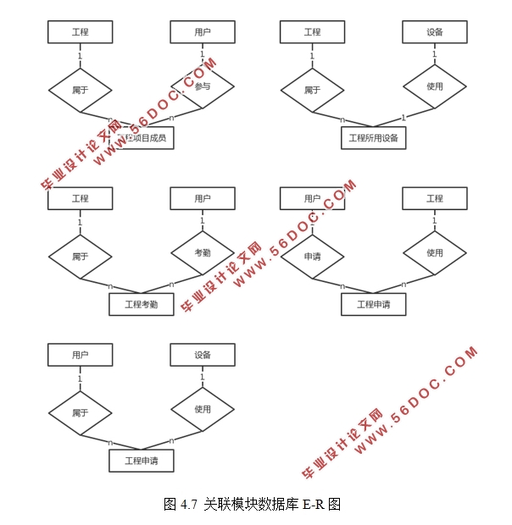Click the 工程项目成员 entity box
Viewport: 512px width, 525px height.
(x=142, y=137)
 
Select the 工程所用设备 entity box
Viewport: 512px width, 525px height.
(x=373, y=137)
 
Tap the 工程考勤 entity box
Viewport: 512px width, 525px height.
(x=142, y=304)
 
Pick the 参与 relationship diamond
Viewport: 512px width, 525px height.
(x=202, y=86)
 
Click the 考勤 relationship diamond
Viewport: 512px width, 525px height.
(x=202, y=253)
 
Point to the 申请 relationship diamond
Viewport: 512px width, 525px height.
(x=312, y=253)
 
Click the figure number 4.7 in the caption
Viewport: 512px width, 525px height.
(x=189, y=505)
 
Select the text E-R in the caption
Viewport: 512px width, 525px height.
(x=314, y=505)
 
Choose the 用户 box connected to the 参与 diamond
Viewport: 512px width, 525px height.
(x=202, y=32)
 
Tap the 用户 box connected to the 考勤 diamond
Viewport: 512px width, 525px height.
(x=202, y=199)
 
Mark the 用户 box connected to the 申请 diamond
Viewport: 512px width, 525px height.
(x=312, y=199)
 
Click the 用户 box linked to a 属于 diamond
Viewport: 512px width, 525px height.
(x=80, y=355)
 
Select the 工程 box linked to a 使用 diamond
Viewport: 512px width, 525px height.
(x=434, y=199)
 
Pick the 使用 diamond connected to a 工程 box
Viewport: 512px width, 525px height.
(x=434, y=253)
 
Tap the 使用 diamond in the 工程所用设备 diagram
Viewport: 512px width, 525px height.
(x=434, y=86)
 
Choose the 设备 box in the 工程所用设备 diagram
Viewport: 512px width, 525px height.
(x=434, y=32)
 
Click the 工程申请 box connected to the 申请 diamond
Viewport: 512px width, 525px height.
(x=373, y=304)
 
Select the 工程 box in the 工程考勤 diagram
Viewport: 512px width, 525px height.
(x=80, y=199)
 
